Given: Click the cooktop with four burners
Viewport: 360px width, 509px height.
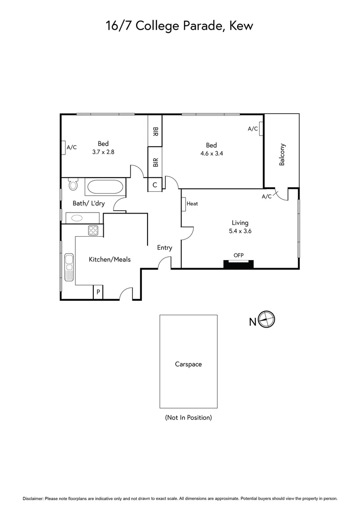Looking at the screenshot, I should coord(93,230).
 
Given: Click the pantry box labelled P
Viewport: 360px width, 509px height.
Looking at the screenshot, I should coord(98,292).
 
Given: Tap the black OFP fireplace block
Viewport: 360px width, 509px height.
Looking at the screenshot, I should coord(238,264).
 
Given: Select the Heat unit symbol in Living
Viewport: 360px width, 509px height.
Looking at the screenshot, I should coord(184,204).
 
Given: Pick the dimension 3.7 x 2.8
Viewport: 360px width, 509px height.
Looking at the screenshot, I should coord(103,152).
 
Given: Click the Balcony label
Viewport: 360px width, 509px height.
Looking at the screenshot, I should coord(282,155).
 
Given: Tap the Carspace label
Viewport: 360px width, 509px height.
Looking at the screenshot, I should coord(188,364).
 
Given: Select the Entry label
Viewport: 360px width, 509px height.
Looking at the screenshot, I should coord(164,247).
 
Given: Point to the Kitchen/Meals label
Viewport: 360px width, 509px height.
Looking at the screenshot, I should coord(110,259).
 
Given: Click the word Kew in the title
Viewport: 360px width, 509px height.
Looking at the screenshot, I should coord(241,25).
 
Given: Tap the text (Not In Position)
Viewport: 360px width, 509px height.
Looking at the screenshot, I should coord(188,418).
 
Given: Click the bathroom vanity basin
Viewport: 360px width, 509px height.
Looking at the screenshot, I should coord(76,218).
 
